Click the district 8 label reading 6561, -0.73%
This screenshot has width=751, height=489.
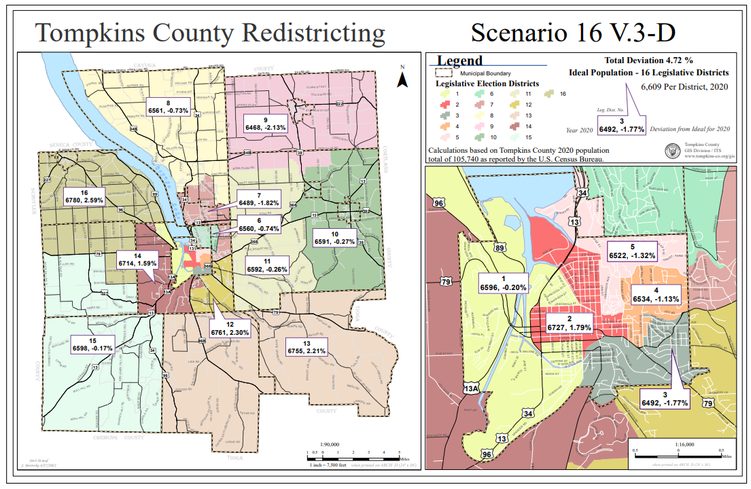(x=168, y=106)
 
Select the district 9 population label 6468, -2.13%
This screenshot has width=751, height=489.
(x=266, y=123)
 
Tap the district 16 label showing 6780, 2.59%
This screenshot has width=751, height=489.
(x=84, y=196)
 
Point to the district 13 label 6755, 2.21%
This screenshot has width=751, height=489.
(x=306, y=347)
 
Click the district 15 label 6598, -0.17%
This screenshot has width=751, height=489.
(x=92, y=344)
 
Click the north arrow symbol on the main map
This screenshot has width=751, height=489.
(x=402, y=80)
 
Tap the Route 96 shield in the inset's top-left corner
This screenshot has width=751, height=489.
(x=440, y=203)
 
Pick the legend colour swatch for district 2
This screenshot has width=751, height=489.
(x=442, y=105)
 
